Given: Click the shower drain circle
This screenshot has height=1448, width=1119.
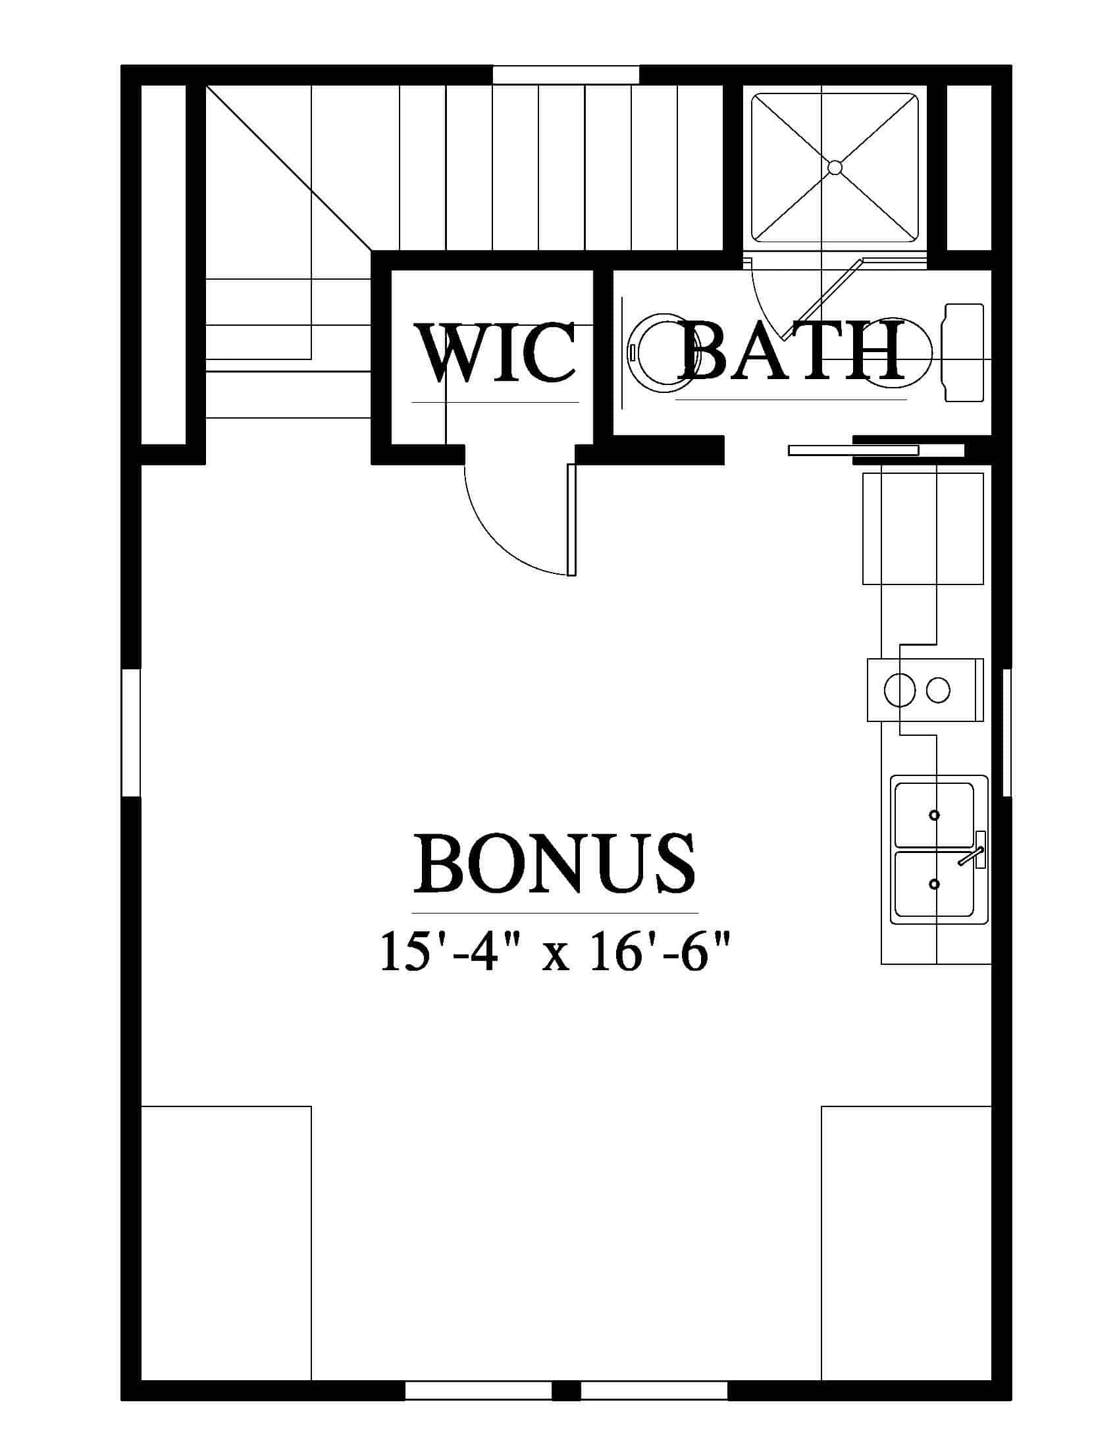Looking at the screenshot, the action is (x=835, y=167).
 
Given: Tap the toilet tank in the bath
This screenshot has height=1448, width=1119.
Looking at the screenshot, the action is (x=963, y=353).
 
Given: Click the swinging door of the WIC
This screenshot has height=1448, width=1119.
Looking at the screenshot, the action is (x=572, y=519).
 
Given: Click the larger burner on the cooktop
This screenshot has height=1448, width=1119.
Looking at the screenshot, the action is (x=900, y=691).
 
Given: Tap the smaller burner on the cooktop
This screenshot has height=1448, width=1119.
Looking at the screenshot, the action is (x=938, y=691).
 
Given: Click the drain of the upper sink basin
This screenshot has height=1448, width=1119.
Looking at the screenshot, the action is (x=935, y=814).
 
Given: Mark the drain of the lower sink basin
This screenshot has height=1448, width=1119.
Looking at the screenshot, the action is (x=935, y=884).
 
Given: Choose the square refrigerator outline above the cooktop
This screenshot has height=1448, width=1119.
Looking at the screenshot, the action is (x=923, y=529).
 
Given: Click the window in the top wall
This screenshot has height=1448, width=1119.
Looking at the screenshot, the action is (x=565, y=75).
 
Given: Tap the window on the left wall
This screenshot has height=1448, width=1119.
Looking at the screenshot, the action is (x=131, y=732).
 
